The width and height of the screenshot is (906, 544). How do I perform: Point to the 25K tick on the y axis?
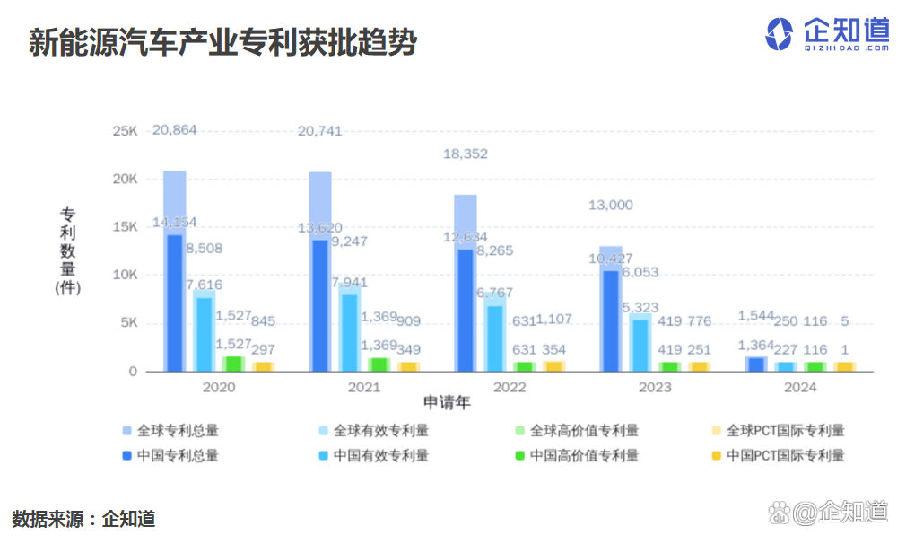pos(125,131)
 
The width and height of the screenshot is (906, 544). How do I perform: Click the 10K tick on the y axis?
pos(125,275)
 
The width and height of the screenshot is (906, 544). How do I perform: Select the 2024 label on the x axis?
pos(799,388)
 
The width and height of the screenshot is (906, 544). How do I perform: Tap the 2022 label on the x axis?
pos(509,388)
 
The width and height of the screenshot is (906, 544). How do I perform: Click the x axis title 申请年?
pos(447,403)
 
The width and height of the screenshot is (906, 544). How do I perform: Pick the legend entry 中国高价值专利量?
pos(584,455)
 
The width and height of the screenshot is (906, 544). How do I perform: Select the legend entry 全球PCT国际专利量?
pos(785,431)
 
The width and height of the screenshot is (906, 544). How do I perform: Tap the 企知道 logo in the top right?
pos(826,34)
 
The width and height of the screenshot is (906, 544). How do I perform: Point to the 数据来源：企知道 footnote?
pos(83,519)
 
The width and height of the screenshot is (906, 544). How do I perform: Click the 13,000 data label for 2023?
pos(610,206)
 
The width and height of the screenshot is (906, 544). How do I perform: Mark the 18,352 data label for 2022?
pos(466,154)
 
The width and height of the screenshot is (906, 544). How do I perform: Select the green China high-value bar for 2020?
pos(233,364)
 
